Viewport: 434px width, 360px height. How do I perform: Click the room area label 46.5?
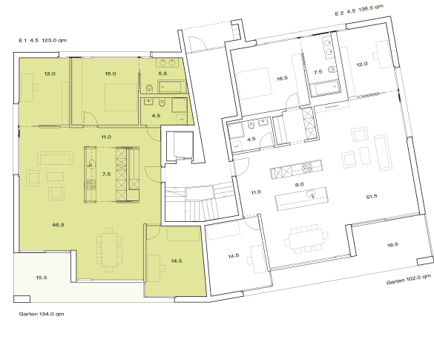pyautogui.click(x=56, y=223)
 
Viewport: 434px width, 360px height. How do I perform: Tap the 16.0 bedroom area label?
pyautogui.click(x=111, y=74)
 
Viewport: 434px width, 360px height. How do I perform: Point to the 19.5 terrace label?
pyautogui.click(x=392, y=244)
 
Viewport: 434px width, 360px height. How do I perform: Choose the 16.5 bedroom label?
pyautogui.click(x=281, y=78)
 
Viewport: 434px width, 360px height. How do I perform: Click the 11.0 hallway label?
pyautogui.click(x=106, y=137)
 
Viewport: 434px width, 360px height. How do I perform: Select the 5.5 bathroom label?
pyautogui.click(x=163, y=74)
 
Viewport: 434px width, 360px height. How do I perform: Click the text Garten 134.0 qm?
pyautogui.click(x=42, y=314)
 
